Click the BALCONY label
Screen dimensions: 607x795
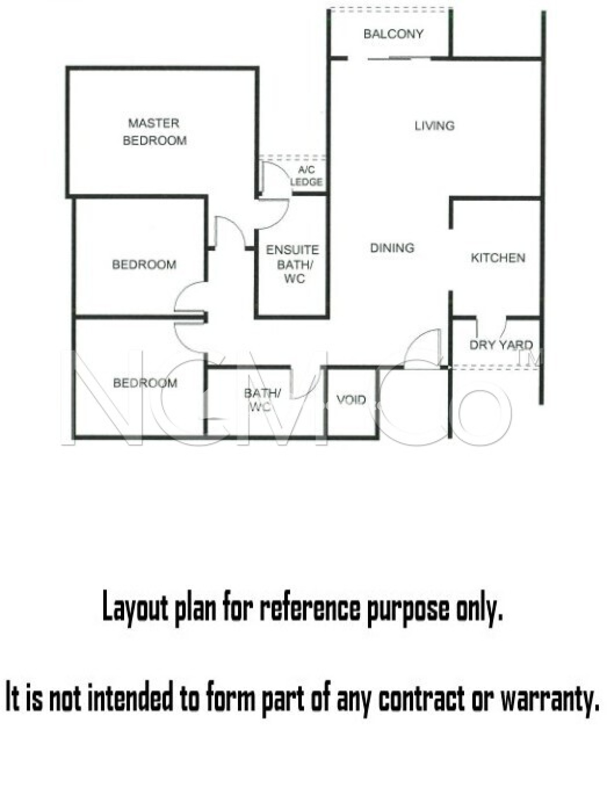point(393,34)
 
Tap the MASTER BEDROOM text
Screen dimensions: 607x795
point(154,132)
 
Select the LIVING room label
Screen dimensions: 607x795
point(434,126)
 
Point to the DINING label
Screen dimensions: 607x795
point(392,248)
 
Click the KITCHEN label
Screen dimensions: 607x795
point(498,258)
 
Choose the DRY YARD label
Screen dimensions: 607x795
point(501,345)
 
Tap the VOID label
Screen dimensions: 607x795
point(351,399)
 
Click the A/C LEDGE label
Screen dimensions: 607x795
point(306,176)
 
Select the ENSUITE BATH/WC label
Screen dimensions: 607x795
point(293,264)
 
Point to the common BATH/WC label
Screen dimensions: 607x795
point(262,399)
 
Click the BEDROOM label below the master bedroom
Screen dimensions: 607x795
point(144,264)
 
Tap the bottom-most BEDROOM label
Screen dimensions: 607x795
point(145,383)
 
